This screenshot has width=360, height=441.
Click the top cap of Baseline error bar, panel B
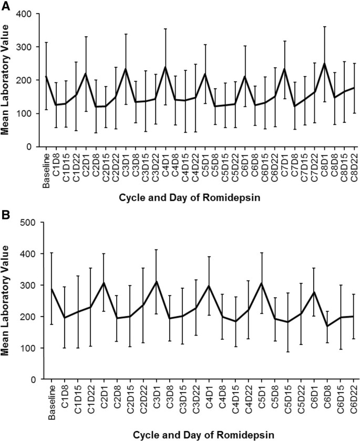tap(51, 253)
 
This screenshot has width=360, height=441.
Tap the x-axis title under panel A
tap(197, 198)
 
